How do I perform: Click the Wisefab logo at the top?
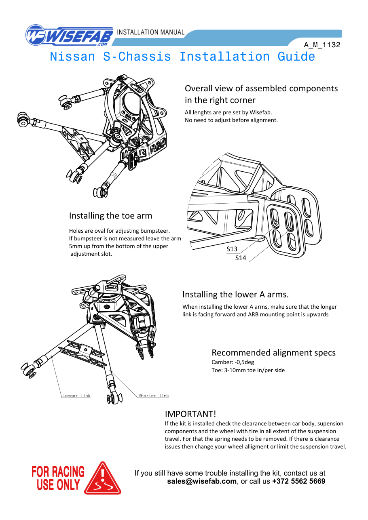click(69, 35)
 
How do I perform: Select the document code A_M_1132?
click(322, 45)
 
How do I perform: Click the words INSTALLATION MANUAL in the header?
click(150, 32)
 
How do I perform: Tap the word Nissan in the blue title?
click(72, 57)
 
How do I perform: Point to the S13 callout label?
click(232, 249)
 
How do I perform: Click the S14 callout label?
click(241, 258)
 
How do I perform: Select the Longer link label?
click(76, 396)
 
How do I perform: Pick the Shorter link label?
click(154, 396)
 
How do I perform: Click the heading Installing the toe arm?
click(110, 216)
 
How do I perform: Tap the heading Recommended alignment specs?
click(273, 353)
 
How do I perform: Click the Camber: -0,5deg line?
click(233, 362)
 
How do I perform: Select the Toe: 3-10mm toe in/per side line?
click(248, 370)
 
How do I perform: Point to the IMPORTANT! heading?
click(190, 414)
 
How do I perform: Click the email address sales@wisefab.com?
click(202, 481)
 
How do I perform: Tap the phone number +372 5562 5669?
click(298, 481)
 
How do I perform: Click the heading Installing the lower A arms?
click(235, 295)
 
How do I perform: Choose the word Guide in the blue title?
click(296, 57)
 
